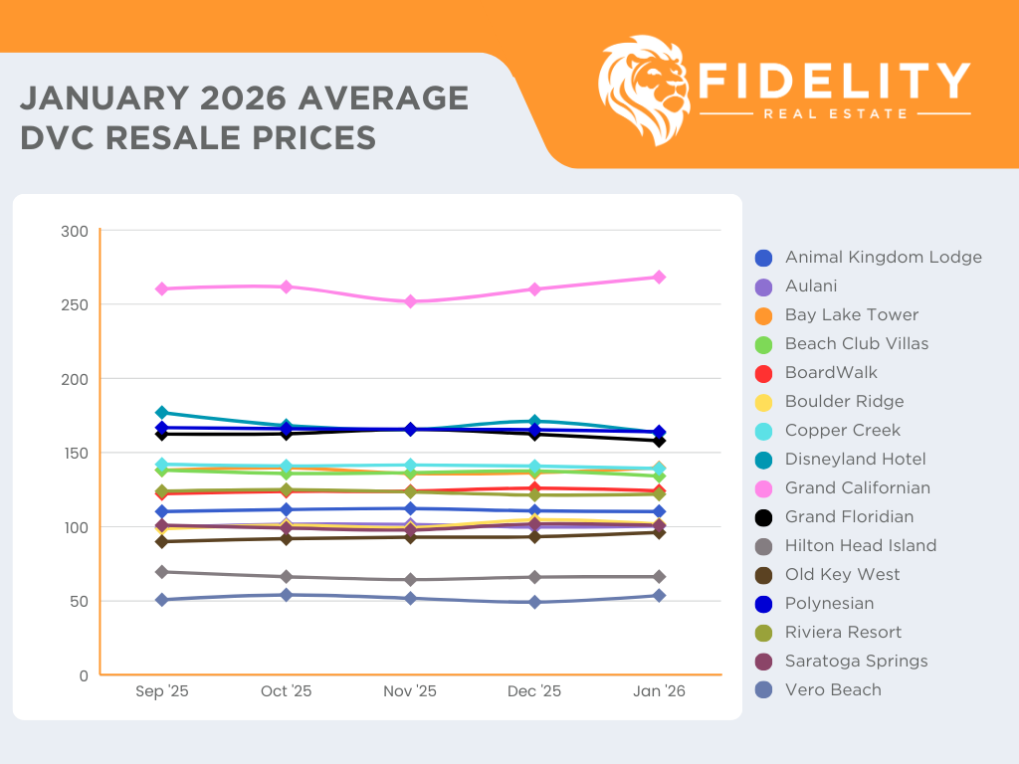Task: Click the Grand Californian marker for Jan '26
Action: click(659, 277)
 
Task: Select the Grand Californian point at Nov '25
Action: click(410, 301)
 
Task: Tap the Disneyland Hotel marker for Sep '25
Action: click(161, 412)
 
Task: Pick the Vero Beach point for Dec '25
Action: click(534, 602)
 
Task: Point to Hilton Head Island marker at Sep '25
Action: click(161, 572)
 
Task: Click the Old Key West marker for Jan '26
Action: click(659, 532)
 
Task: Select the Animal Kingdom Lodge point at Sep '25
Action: click(161, 511)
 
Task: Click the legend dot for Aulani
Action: click(764, 286)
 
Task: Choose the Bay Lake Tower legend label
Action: click(851, 315)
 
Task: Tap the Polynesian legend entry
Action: click(829, 604)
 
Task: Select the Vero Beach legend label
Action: click(833, 690)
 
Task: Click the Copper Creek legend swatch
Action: click(764, 431)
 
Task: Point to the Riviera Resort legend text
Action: click(843, 633)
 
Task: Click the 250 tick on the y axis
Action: click(80, 304)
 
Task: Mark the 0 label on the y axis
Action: click(85, 675)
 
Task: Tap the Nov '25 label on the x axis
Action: click(410, 692)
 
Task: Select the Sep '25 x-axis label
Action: click(161, 692)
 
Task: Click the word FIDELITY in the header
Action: click(834, 81)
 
